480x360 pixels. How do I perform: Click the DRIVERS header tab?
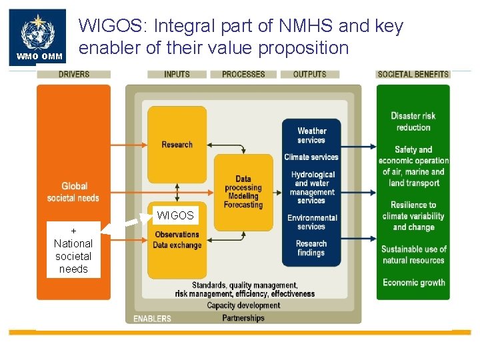73,74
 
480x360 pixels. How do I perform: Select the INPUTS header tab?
177,74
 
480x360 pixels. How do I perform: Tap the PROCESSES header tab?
243,74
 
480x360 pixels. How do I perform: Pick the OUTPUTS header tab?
310,74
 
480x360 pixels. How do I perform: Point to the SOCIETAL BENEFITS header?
413,74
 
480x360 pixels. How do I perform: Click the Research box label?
177,145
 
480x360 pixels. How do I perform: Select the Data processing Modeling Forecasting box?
243,192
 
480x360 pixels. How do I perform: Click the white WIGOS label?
175,215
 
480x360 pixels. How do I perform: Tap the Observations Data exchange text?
177,240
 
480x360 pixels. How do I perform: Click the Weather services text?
311,135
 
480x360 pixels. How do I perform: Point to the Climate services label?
311,157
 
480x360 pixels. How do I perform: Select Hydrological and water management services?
312,187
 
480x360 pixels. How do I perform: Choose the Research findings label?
311,248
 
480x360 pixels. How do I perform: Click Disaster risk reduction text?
413,121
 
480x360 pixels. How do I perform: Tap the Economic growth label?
413,283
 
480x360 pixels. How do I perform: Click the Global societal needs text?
73,192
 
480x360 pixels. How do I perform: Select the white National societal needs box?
73,250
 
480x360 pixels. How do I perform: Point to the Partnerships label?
243,318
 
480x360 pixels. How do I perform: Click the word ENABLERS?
152,319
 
